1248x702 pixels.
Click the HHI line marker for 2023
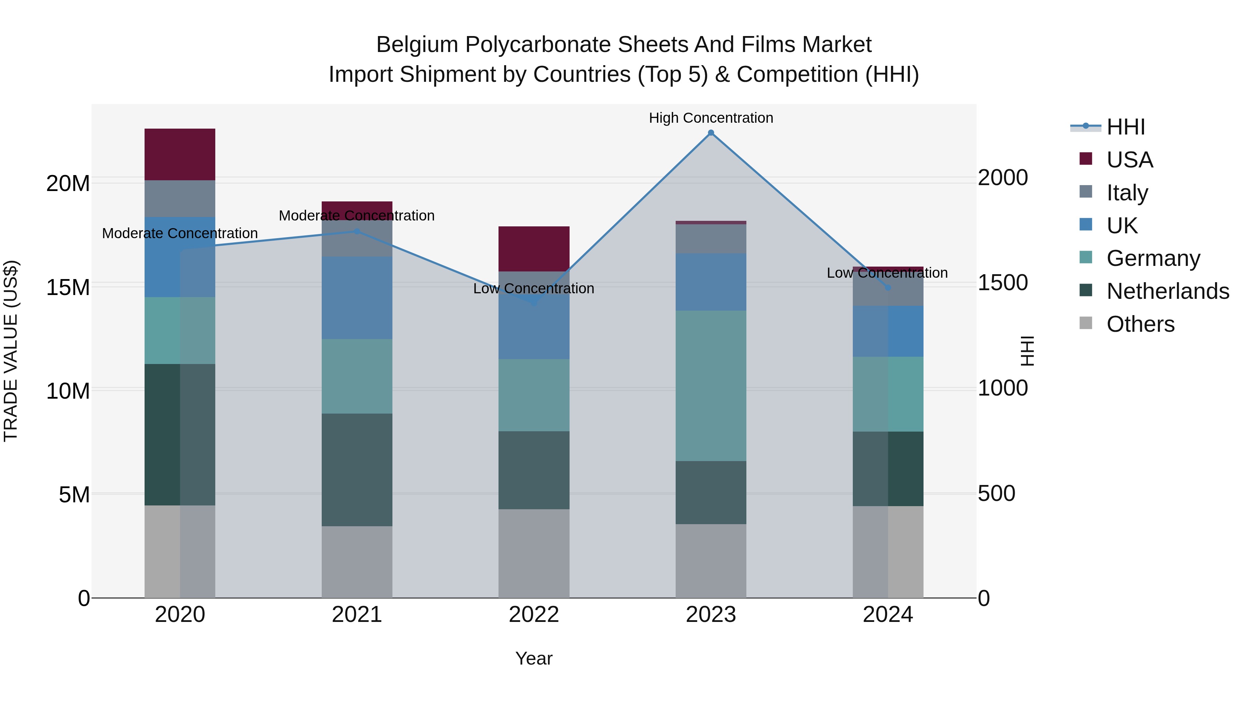click(711, 133)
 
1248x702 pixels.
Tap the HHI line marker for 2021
click(357, 232)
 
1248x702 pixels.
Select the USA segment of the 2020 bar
click(180, 155)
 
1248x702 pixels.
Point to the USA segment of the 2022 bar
click(534, 249)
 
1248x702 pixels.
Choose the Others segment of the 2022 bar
click(534, 553)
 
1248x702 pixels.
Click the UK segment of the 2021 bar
click(357, 297)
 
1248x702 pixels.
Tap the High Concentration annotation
click(711, 118)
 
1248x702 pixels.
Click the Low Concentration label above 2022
click(534, 289)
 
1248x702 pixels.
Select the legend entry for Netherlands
click(1168, 291)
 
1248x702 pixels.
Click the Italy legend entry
click(1127, 193)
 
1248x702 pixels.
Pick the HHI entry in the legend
click(1125, 127)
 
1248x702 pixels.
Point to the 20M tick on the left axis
click(68, 184)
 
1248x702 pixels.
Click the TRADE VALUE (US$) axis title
click(11, 351)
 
